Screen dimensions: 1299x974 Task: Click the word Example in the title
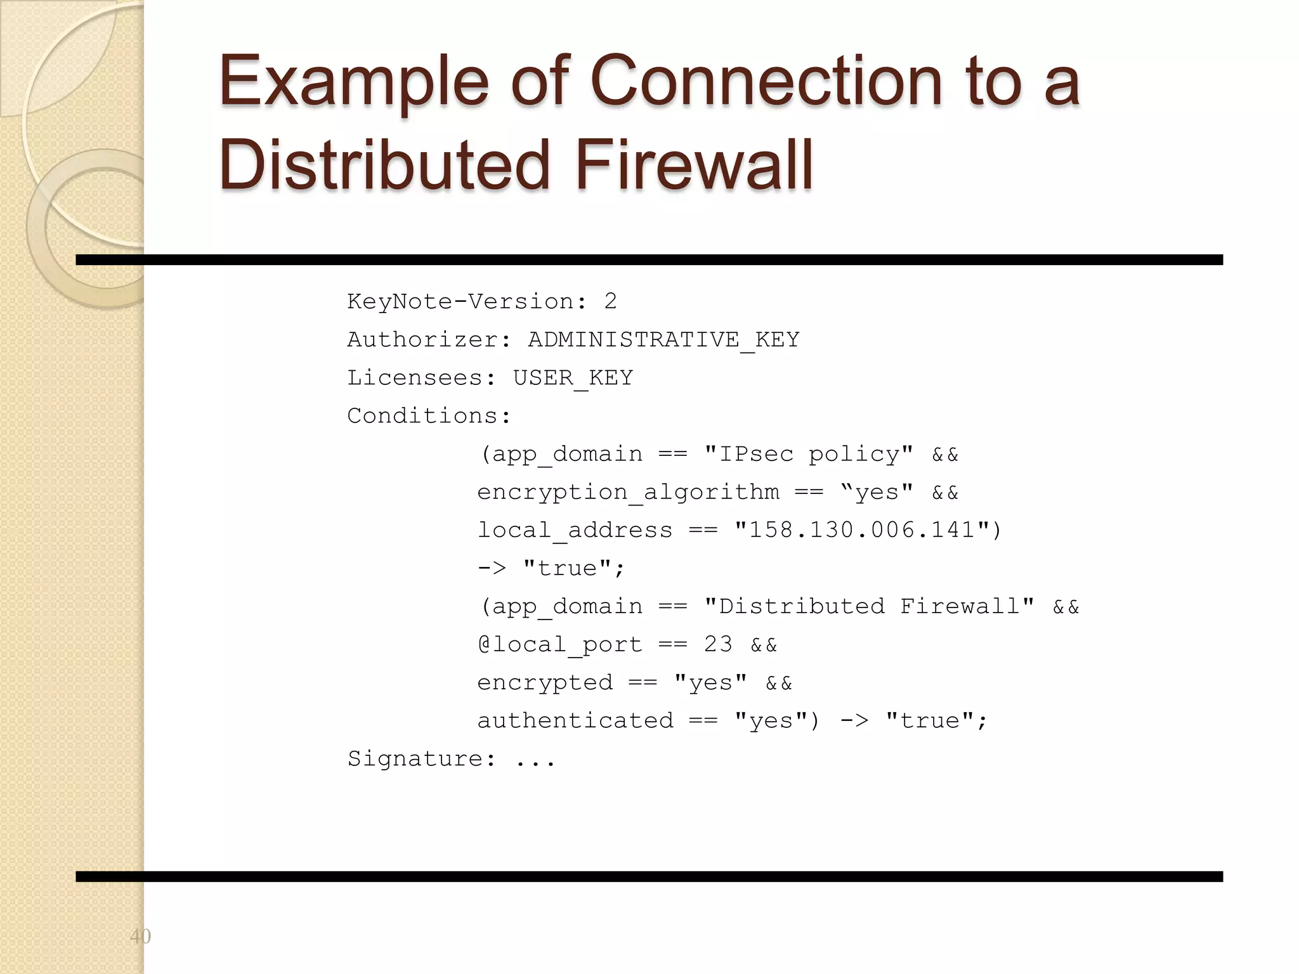[x=354, y=82]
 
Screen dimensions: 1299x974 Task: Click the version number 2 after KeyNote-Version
[x=610, y=301]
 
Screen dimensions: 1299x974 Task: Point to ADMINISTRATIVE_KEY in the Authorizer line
[x=663, y=340]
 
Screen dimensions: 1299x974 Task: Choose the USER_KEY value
[x=573, y=378]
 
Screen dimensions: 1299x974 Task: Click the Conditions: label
[x=429, y=416]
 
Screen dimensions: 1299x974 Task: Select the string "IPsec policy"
[x=809, y=454]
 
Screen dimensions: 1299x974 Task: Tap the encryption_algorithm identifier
[x=628, y=492]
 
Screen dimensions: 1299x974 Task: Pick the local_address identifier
[x=575, y=530]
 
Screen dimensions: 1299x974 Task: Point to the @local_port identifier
[x=560, y=644]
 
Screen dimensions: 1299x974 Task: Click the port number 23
[x=718, y=644]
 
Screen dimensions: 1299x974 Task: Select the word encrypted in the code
[x=545, y=682]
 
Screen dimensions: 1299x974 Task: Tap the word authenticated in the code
[x=575, y=720]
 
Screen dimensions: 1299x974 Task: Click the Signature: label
[x=422, y=758]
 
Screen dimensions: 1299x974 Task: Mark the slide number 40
[x=140, y=936]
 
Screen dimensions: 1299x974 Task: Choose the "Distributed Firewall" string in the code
[x=869, y=606]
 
